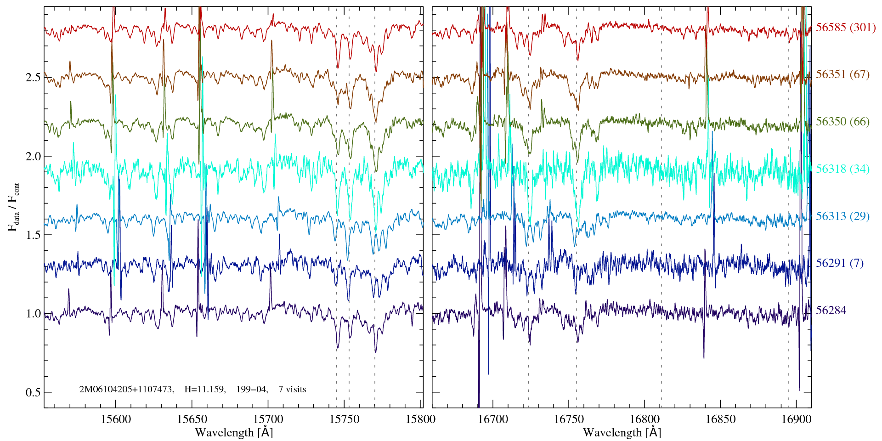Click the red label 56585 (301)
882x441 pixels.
[845, 28]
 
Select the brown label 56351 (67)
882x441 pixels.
[842, 74]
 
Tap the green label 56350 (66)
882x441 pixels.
[842, 122]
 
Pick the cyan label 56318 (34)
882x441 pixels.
[842, 169]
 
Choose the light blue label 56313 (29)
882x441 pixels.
[842, 216]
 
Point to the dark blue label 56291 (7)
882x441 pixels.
[839, 263]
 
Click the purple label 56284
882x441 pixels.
[831, 311]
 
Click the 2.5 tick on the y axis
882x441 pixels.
[33, 77]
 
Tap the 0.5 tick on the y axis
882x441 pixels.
[33, 393]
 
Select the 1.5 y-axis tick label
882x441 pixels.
[33, 235]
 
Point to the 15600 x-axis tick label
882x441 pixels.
[115, 419]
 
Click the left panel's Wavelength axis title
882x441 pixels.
[234, 432]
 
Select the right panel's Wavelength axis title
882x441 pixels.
[622, 432]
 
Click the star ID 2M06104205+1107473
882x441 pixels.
[126, 390]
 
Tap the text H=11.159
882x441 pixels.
[204, 390]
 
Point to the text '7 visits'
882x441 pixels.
[292, 390]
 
